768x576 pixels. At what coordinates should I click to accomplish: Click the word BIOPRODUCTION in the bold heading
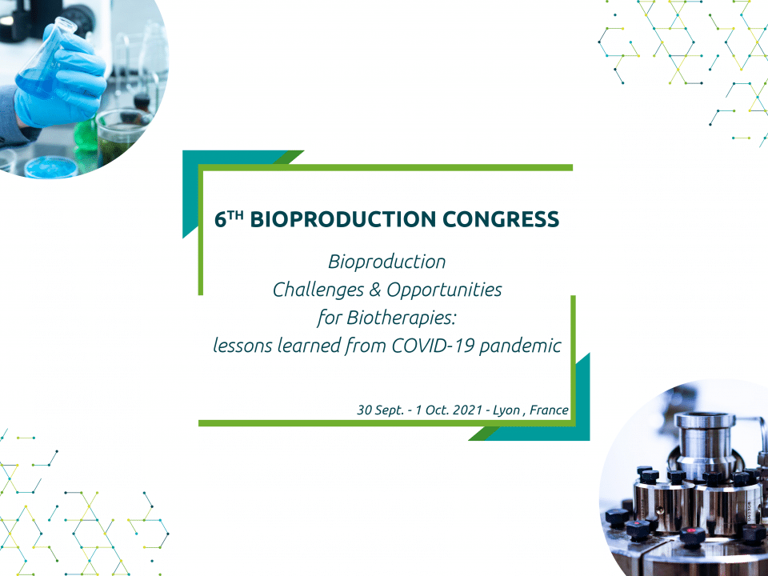click(343, 219)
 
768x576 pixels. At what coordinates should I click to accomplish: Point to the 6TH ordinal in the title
click(229, 219)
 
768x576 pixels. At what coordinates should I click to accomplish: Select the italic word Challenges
click(318, 290)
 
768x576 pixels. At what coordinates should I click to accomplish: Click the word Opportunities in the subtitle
click(444, 290)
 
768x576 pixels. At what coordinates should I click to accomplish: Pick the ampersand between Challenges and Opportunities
click(375, 290)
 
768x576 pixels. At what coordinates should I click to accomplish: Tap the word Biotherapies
click(402, 318)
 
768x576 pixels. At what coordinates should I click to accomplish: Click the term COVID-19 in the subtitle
click(433, 346)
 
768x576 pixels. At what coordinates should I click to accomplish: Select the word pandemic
click(520, 346)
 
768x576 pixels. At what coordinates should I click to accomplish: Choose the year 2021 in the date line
click(468, 410)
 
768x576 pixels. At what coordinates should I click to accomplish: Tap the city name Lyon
click(506, 410)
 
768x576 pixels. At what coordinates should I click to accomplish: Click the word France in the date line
click(549, 410)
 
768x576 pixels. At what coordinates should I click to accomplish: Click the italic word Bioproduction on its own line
click(387, 262)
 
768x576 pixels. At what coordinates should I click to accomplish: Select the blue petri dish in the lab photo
click(51, 167)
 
